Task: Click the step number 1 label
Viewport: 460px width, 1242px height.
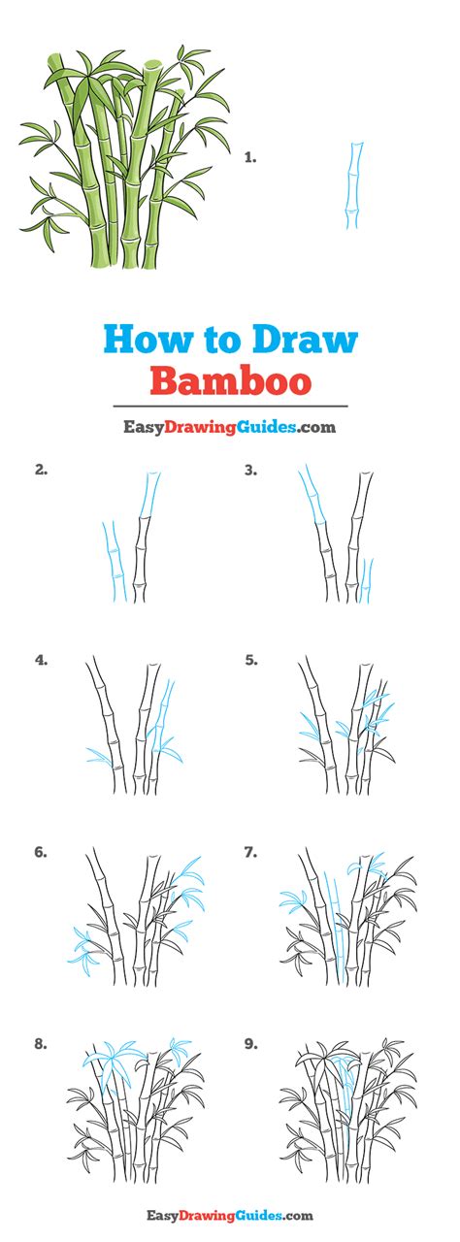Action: (249, 155)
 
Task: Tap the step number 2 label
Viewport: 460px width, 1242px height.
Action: (41, 471)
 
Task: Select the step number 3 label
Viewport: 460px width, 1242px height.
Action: (250, 471)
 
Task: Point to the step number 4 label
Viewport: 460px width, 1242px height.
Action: (41, 660)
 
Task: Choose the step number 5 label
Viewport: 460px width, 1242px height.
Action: (250, 660)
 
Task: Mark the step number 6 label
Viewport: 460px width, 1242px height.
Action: (41, 852)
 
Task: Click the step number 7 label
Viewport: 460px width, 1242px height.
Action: (250, 852)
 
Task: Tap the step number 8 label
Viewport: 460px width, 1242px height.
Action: (41, 1044)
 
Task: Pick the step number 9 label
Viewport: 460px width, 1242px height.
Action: (250, 1044)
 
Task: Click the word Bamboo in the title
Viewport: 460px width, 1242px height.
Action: (230, 379)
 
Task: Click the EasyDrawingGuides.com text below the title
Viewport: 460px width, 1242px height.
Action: (230, 425)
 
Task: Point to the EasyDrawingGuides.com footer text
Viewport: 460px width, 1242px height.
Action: (230, 1215)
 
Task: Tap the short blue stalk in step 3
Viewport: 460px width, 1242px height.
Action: (366, 579)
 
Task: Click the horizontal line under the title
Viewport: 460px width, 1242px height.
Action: (230, 406)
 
